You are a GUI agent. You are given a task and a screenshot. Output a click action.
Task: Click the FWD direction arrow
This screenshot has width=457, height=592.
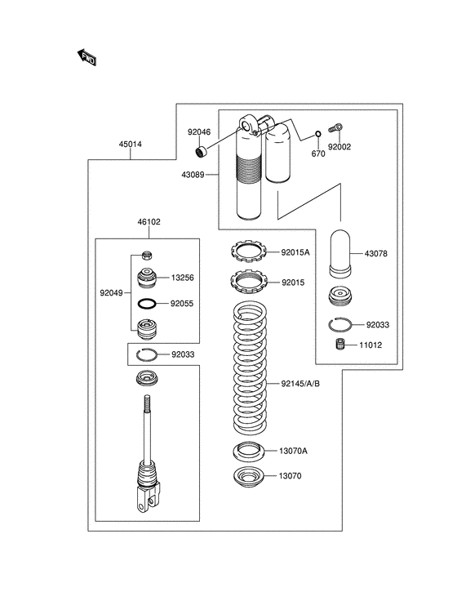click(x=87, y=57)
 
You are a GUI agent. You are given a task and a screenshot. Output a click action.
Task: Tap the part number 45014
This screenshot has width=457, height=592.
click(x=131, y=145)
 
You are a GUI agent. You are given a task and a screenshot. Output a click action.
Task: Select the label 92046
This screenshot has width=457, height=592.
click(x=199, y=132)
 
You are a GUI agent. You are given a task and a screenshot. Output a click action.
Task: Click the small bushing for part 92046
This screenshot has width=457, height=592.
click(x=201, y=152)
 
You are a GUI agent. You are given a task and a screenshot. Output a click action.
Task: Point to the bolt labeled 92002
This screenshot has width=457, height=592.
click(x=335, y=127)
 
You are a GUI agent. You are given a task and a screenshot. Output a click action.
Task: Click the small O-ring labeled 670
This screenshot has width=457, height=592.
click(x=317, y=135)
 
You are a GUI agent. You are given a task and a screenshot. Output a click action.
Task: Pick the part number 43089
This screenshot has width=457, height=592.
click(x=193, y=175)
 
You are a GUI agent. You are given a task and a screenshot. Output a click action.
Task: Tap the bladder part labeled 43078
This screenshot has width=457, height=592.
click(x=340, y=252)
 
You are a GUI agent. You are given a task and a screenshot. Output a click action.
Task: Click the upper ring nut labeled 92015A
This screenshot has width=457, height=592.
click(x=248, y=251)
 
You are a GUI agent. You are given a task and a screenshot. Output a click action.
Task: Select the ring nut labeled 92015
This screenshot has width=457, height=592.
click(x=249, y=281)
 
